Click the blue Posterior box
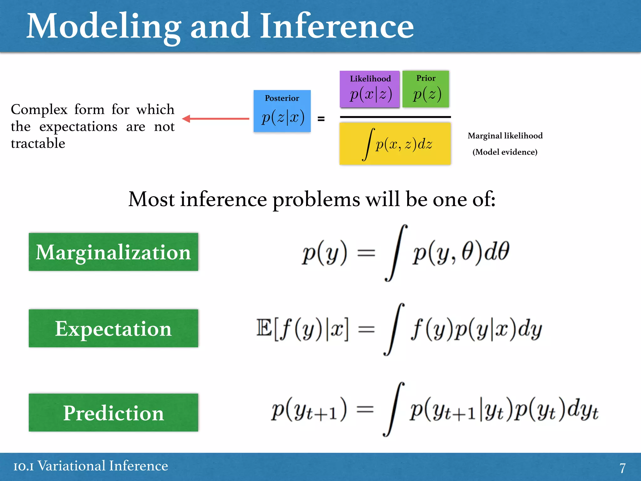pyautogui.click(x=282, y=111)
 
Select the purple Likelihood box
pyautogui.click(x=370, y=89)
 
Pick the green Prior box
pyautogui.click(x=426, y=89)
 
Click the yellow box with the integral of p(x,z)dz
pyautogui.click(x=395, y=144)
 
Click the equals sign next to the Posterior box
pyautogui.click(x=321, y=119)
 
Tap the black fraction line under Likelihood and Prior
pyautogui.click(x=395, y=117)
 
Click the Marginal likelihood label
pyautogui.click(x=505, y=136)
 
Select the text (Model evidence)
pyautogui.click(x=505, y=152)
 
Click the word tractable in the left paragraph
pyautogui.click(x=38, y=143)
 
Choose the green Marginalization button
pyautogui.click(x=113, y=252)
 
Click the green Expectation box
pyautogui.click(x=113, y=328)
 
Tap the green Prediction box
pyautogui.click(x=113, y=412)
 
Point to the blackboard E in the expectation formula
pyautogui.click(x=264, y=328)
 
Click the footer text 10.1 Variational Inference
pyautogui.click(x=91, y=466)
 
